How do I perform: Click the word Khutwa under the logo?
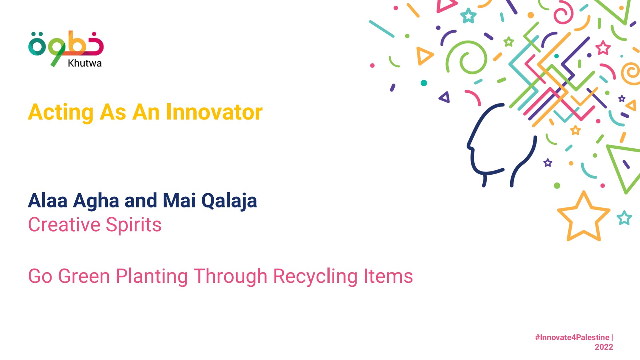coord(85,63)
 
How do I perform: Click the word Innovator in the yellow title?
coord(214,112)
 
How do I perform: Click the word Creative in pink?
coord(64,225)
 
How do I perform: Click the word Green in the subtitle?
coord(84,276)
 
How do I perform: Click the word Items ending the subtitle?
coord(388,276)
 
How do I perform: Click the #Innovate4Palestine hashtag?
coord(572,337)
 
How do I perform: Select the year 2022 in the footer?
coord(604,347)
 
